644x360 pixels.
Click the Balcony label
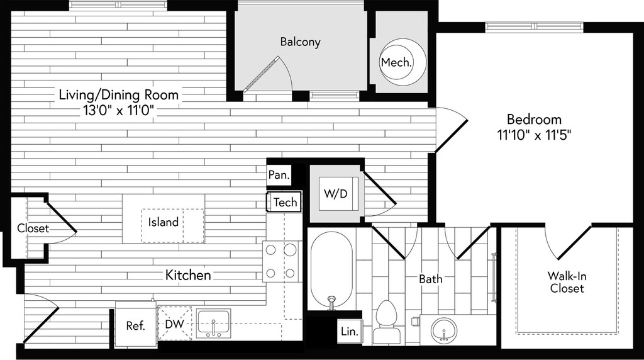(300, 42)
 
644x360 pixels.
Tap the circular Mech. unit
(402, 62)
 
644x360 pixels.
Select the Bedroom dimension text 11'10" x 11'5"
(534, 135)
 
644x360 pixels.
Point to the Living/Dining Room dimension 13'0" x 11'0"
(119, 111)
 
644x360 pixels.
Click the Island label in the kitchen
(163, 222)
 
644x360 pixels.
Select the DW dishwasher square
(175, 323)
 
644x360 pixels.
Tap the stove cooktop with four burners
(280, 261)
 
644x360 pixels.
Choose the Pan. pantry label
(279, 175)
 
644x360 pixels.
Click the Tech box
(284, 202)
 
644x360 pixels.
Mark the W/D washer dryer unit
(336, 194)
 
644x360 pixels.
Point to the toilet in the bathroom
(386, 322)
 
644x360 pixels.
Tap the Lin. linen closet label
(350, 331)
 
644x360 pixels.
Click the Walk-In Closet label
(567, 282)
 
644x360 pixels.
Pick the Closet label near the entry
(33, 228)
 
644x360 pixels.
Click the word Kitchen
(188, 275)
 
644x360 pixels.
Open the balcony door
(262, 74)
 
